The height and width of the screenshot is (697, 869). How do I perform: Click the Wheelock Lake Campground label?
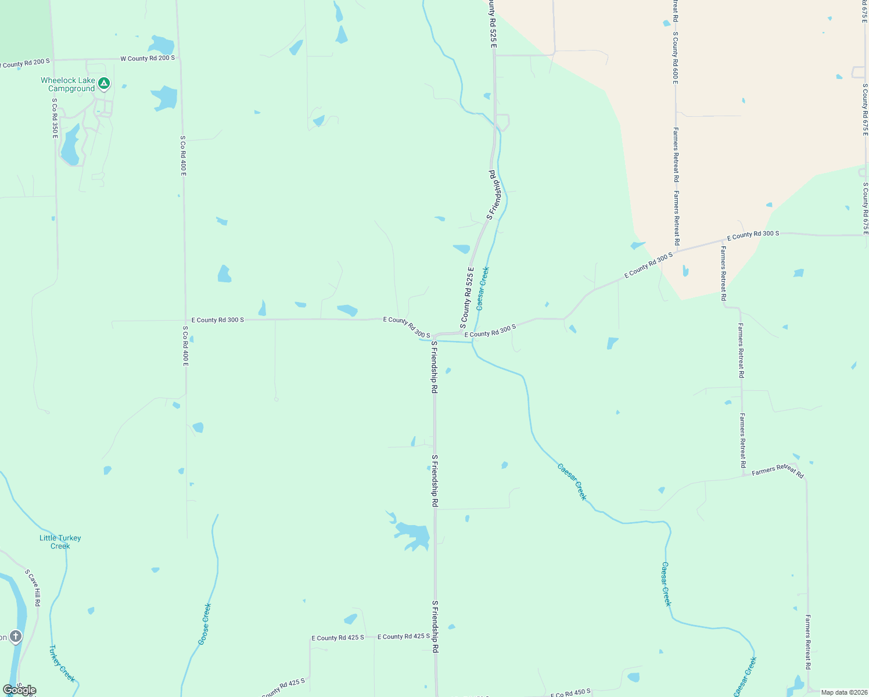[67, 85]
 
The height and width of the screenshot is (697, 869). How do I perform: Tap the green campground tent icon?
[104, 84]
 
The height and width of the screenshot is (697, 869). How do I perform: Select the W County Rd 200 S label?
[148, 59]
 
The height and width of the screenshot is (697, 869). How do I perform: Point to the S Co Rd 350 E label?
[55, 118]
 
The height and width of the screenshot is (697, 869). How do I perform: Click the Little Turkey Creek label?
[60, 542]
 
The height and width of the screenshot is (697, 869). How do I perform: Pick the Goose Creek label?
[204, 624]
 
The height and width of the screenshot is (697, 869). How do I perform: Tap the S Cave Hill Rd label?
[33, 588]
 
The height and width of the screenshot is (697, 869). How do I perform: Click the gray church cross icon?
[16, 637]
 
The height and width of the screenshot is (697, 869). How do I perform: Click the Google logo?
[19, 690]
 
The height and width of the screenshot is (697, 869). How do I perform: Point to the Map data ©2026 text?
[843, 692]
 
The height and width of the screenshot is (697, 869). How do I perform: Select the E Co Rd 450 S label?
[570, 692]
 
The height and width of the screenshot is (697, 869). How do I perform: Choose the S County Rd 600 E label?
[676, 58]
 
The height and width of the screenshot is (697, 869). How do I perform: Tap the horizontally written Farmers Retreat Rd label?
[777, 471]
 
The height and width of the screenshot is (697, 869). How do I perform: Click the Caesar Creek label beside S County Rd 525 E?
[483, 289]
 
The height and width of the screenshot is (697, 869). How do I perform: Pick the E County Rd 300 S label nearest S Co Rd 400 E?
[218, 320]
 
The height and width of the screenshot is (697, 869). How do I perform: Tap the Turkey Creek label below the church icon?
[62, 663]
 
